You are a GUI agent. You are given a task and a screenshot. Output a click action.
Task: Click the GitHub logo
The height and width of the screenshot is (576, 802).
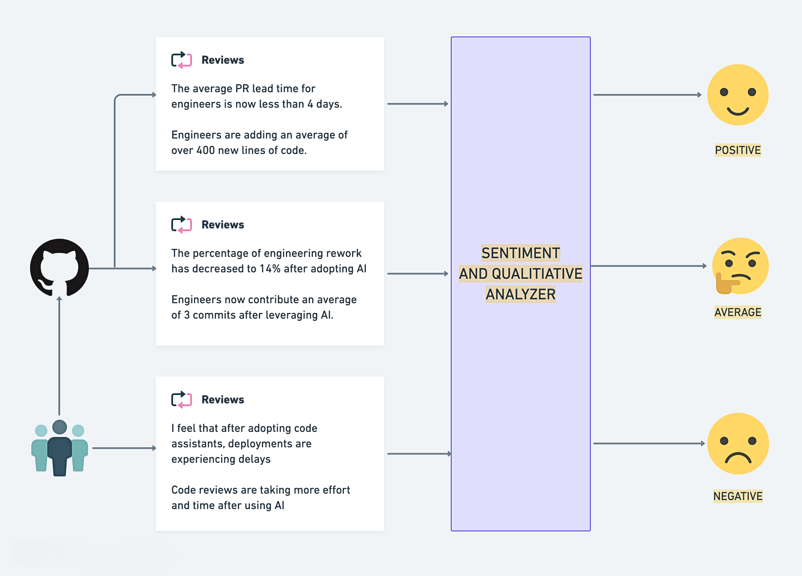59,268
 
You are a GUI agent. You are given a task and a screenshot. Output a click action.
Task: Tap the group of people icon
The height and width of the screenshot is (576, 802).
59,448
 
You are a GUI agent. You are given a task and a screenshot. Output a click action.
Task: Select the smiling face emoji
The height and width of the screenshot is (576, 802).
738,95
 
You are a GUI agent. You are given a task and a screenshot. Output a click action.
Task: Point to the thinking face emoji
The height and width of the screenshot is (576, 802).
740,266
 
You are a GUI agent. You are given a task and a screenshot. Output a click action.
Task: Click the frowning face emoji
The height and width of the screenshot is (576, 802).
738,443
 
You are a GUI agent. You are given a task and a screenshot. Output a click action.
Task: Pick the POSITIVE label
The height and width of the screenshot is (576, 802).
738,150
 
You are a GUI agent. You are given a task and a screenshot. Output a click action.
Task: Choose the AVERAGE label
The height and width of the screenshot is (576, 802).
738,312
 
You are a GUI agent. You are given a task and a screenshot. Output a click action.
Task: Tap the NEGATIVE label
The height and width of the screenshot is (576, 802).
738,496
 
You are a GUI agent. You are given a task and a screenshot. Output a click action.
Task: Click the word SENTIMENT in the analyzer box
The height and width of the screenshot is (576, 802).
520,253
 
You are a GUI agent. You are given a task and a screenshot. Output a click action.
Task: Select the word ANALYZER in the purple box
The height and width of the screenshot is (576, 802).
520,294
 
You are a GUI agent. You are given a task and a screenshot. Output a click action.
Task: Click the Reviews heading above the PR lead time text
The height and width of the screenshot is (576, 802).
222,60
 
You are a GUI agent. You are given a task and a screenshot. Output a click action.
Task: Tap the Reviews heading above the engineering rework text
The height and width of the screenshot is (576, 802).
222,225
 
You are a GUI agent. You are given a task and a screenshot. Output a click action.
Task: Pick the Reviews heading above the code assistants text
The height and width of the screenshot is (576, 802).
222,400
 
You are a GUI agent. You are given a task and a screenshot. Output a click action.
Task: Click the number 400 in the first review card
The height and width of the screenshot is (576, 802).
205,151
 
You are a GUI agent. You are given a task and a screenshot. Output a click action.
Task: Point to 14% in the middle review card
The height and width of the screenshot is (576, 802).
270,269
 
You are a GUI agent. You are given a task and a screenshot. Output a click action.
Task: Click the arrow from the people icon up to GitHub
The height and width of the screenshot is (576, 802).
59,356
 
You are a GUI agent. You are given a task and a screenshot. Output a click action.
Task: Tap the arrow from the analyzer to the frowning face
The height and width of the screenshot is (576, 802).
648,443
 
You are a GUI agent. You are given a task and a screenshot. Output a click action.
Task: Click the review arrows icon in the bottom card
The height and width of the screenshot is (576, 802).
182,400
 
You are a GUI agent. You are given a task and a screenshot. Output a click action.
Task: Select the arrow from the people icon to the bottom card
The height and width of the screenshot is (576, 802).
124,448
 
